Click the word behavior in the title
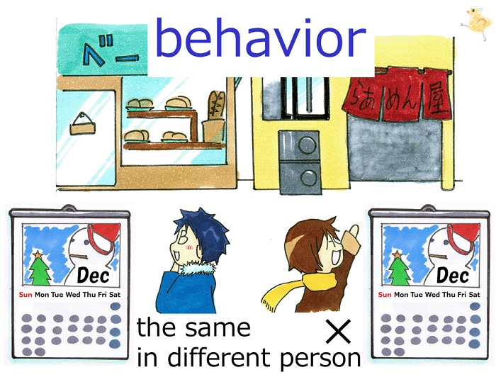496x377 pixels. pyautogui.click(x=261, y=38)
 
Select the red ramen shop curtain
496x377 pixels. pyautogui.click(x=398, y=94)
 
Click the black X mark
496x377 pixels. pyautogui.click(x=339, y=331)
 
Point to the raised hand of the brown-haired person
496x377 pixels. pyautogui.click(x=351, y=240)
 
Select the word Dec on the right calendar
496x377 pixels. pyautogui.click(x=452, y=276)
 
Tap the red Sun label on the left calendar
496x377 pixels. pyautogui.click(x=26, y=295)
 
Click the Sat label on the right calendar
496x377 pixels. pyautogui.click(x=474, y=295)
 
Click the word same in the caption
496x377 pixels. pyautogui.click(x=218, y=328)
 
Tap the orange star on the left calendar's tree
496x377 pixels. pyautogui.click(x=38, y=254)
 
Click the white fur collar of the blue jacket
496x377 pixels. pyautogui.click(x=200, y=268)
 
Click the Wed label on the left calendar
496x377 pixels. pyautogui.click(x=73, y=295)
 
